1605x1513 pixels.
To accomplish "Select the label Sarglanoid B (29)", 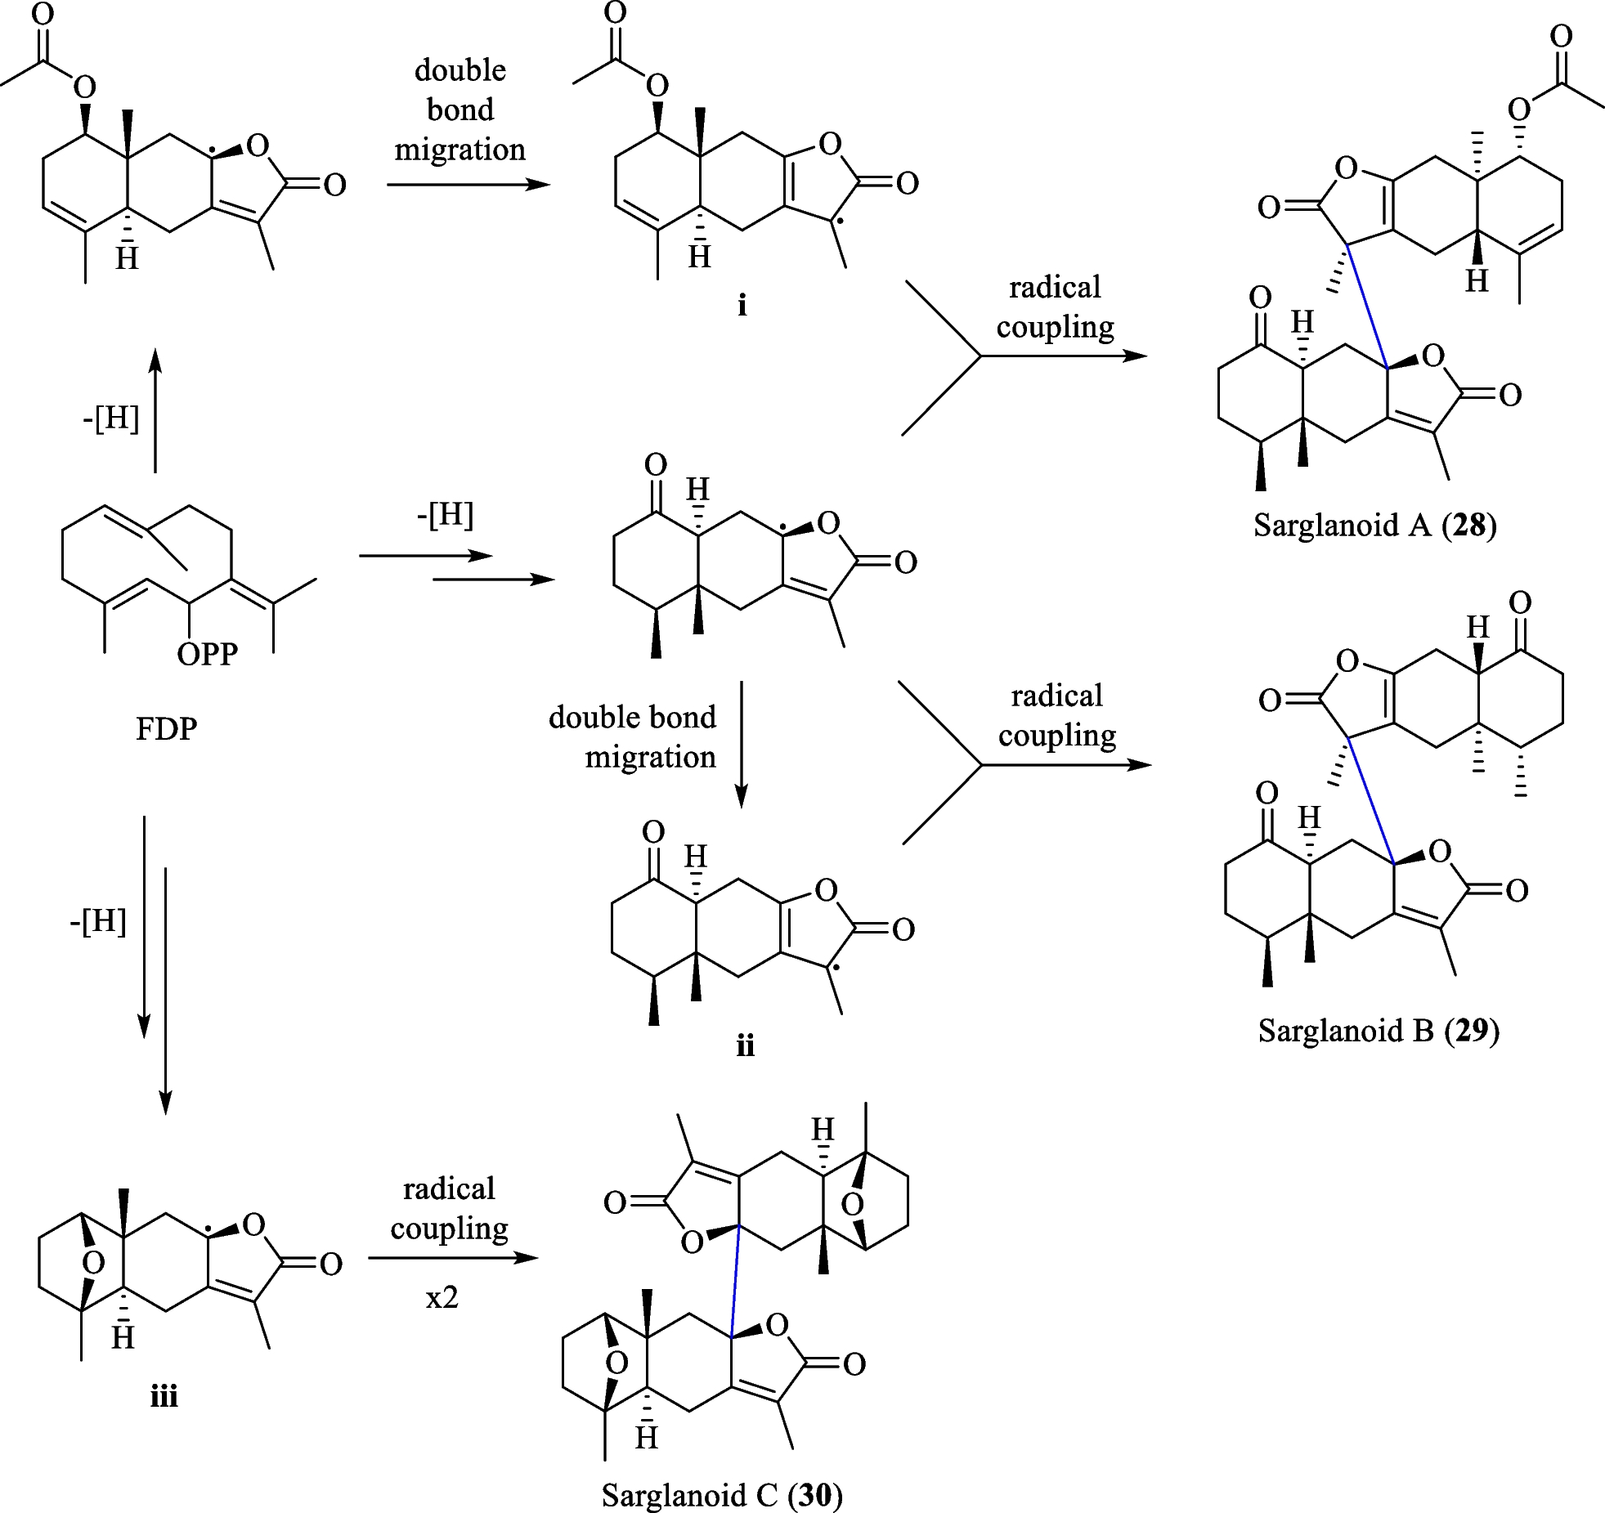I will coord(1379,1031).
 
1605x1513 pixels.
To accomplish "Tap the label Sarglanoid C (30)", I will coord(722,1495).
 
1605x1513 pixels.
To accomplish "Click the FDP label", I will coord(166,727).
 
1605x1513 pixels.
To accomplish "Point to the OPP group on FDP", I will coord(207,654).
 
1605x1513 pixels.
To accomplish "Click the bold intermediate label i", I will coord(742,306).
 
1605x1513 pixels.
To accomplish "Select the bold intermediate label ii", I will coord(745,1045).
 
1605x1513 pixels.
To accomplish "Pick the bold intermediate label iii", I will coord(164,1396).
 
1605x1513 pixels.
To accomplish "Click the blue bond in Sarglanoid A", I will coord(1367,305).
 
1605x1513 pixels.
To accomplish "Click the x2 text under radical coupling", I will coord(442,1297).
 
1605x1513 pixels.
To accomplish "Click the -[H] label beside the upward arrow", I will coord(111,418).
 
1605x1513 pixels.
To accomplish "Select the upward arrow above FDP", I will coord(155,409).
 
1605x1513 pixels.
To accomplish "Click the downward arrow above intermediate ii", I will coord(741,744).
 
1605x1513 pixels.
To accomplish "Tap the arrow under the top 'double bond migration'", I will coord(468,185).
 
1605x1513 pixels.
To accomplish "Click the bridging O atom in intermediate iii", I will coord(93,1264).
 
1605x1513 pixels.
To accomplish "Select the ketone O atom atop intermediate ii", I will coord(652,832).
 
